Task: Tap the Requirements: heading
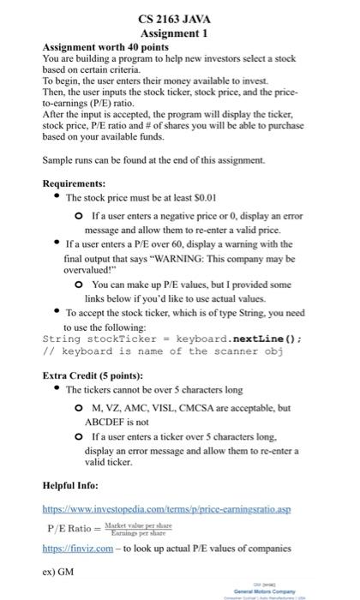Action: tap(74, 183)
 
